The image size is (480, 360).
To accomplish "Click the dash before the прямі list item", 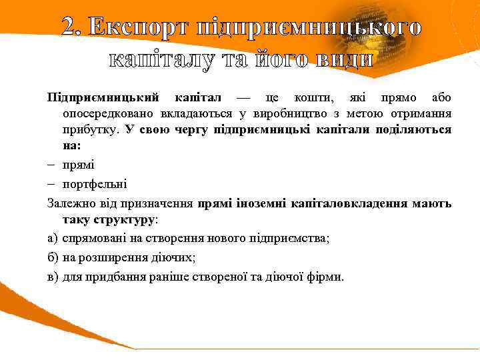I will click(x=51, y=165).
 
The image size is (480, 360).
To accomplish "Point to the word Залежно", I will click(x=71, y=202).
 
